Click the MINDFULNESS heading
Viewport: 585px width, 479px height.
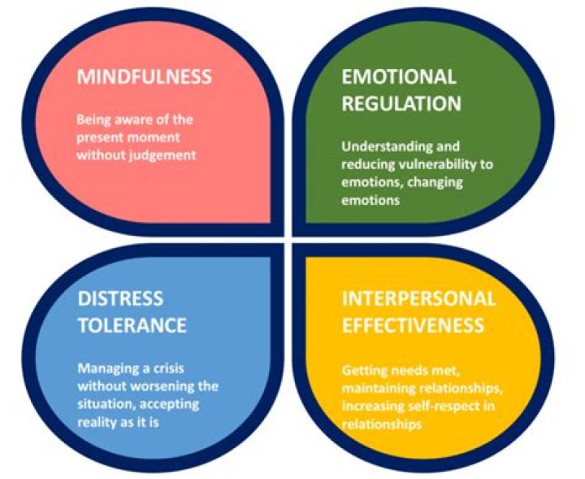tap(144, 78)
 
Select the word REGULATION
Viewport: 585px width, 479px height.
tap(401, 104)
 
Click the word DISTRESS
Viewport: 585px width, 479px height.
tap(120, 298)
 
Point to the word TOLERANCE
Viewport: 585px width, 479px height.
tap(132, 325)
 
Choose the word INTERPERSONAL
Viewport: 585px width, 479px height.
tap(418, 298)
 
